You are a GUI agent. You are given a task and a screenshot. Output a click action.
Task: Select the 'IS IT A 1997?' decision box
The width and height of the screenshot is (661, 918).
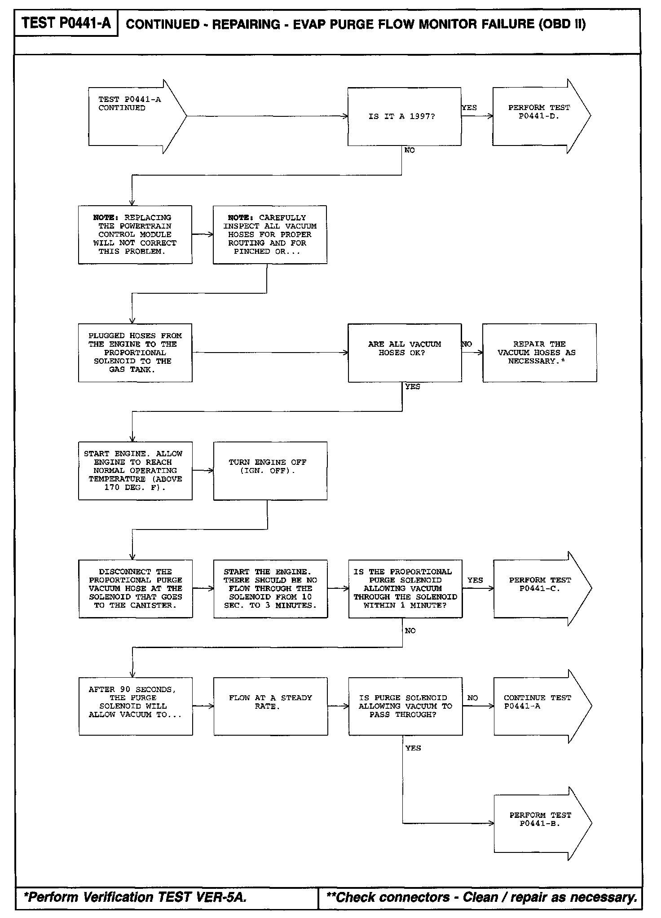[404, 116]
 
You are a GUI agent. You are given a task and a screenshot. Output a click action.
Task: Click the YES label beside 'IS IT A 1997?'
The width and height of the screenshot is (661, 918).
[469, 108]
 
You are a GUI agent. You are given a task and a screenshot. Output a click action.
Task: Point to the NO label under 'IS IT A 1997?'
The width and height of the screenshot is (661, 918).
[410, 150]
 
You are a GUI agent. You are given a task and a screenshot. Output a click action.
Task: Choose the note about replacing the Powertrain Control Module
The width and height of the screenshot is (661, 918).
[135, 234]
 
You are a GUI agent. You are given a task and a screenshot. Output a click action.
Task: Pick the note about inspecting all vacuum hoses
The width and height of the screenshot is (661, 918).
[270, 234]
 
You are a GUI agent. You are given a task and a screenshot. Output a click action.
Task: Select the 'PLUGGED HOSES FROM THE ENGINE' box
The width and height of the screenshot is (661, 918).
[135, 353]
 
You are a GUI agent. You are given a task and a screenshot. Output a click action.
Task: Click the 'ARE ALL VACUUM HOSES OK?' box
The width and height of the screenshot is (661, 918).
[405, 353]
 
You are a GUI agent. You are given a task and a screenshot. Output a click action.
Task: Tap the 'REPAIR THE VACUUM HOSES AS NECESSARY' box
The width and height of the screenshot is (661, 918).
[539, 353]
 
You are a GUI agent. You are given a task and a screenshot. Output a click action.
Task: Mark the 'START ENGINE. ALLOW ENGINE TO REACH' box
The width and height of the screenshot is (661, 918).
[135, 471]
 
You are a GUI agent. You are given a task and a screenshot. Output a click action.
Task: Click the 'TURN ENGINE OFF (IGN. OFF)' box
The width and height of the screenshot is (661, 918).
[270, 471]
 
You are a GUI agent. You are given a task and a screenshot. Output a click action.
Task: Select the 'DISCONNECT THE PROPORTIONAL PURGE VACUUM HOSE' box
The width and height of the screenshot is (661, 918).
[136, 588]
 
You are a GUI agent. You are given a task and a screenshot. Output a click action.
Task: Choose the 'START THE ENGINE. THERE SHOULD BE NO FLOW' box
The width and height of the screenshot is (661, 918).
[270, 588]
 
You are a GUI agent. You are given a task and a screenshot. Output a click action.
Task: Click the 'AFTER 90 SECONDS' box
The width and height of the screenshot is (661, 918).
[136, 706]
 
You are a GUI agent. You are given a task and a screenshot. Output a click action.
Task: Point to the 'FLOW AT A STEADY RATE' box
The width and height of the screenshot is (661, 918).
[270, 706]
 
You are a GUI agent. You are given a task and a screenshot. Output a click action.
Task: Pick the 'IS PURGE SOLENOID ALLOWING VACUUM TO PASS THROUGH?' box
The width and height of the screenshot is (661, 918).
[405, 706]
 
